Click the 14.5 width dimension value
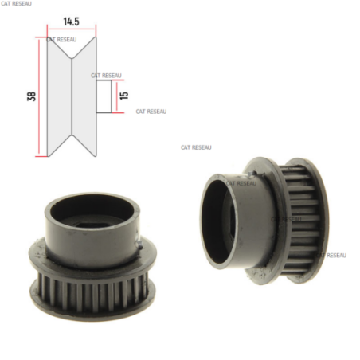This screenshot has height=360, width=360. pyautogui.click(x=71, y=22)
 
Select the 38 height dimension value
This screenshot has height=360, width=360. pyautogui.click(x=31, y=96)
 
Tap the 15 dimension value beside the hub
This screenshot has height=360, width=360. pyautogui.click(x=124, y=96)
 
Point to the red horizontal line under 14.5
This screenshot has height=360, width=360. pyautogui.click(x=72, y=29)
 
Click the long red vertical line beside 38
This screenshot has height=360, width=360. pyautogui.click(x=39, y=96)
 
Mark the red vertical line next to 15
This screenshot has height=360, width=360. pyautogui.click(x=116, y=96)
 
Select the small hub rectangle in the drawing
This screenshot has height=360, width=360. pyautogui.click(x=104, y=96)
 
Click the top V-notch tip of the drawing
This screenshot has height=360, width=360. pyautogui.click(x=72, y=58)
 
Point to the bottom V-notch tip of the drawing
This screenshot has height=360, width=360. pyautogui.click(x=72, y=135)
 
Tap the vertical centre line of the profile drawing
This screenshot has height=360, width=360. pyautogui.click(x=72, y=96)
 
